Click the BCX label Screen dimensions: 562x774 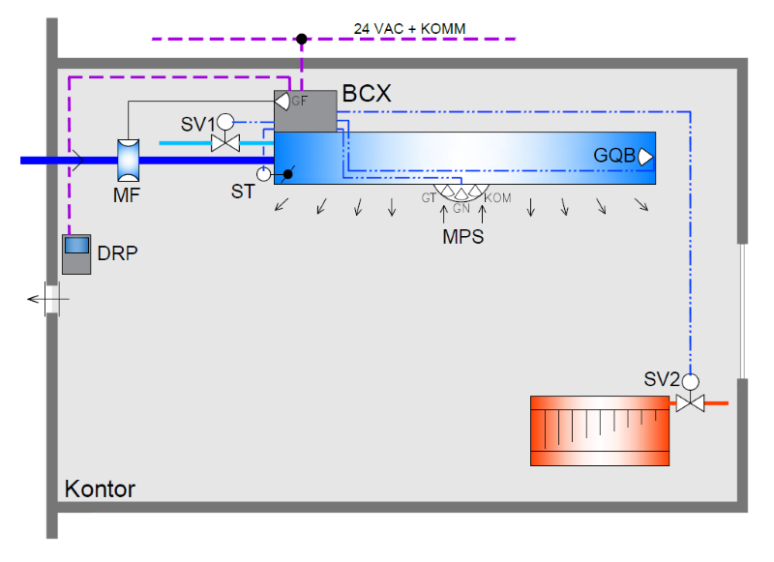pyautogui.click(x=366, y=95)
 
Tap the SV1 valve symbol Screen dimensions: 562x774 pyautogui.click(x=225, y=142)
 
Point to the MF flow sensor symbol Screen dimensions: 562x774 pyautogui.click(x=128, y=160)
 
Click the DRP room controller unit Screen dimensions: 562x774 pyautogui.click(x=76, y=253)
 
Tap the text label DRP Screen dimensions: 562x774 pyautogui.click(x=117, y=253)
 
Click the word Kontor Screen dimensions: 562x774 pyautogui.click(x=100, y=488)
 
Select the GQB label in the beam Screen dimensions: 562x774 pyautogui.click(x=613, y=156)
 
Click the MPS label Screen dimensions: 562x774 pyautogui.click(x=463, y=235)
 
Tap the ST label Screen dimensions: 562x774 pyautogui.click(x=243, y=192)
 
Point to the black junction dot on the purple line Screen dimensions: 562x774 pyautogui.click(x=302, y=40)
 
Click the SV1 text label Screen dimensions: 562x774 pyautogui.click(x=197, y=125)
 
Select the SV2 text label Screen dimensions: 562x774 pyautogui.click(x=661, y=378)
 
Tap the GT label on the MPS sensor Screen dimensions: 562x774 pyautogui.click(x=429, y=198)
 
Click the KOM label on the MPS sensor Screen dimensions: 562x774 pyautogui.click(x=497, y=198)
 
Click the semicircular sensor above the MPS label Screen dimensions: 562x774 pyautogui.click(x=461, y=192)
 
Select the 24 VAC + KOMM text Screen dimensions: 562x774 pyautogui.click(x=409, y=29)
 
